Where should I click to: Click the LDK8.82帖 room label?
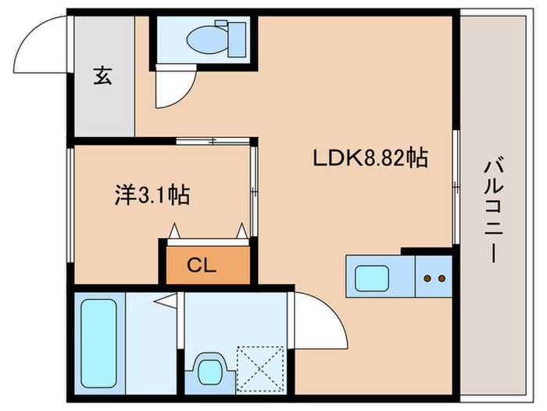[x=370, y=158]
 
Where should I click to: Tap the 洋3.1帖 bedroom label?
[x=152, y=194]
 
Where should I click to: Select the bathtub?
[x=98, y=343]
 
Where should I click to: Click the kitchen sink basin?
[x=369, y=278]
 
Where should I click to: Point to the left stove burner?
[x=427, y=278]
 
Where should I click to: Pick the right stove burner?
[x=440, y=278]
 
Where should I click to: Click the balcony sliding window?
[x=456, y=188]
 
